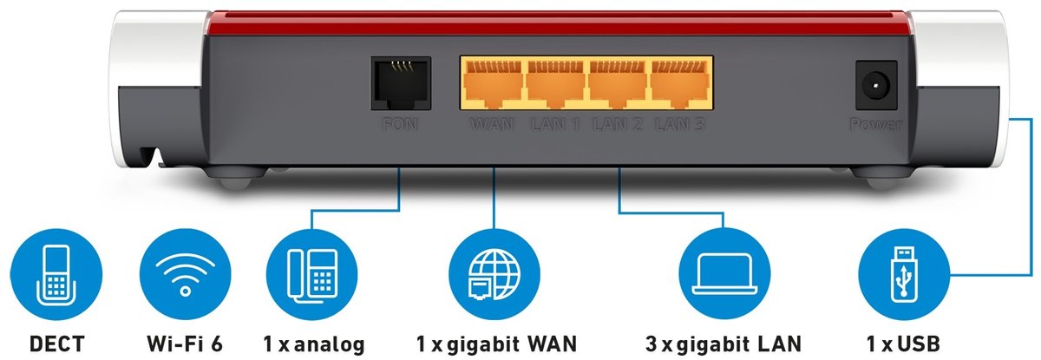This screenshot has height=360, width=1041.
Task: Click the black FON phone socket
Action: pyautogui.click(x=401, y=83)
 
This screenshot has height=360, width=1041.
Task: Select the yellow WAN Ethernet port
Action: pyautogui.click(x=494, y=83)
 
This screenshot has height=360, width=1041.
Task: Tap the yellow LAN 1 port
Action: pyautogui.click(x=556, y=83)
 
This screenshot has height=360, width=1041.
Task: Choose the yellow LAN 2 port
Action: pyautogui.click(x=618, y=83)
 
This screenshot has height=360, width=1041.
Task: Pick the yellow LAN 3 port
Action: pyautogui.click(x=680, y=83)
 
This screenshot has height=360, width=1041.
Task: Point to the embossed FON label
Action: pyautogui.click(x=400, y=125)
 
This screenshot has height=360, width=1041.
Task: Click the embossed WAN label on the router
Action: pyautogui.click(x=492, y=125)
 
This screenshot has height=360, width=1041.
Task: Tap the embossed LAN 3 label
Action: pyautogui.click(x=680, y=125)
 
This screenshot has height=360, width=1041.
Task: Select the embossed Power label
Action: pyautogui.click(x=876, y=125)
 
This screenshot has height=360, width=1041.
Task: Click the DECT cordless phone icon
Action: pyautogui.click(x=56, y=274)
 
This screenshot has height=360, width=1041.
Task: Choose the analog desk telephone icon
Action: pyautogui.click(x=311, y=274)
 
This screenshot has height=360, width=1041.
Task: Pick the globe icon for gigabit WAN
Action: pyautogui.click(x=494, y=274)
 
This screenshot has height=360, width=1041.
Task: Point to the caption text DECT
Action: pyautogui.click(x=56, y=344)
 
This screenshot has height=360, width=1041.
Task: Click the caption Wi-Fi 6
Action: pyautogui.click(x=185, y=344)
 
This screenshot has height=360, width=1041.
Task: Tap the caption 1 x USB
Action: pyautogui.click(x=903, y=344)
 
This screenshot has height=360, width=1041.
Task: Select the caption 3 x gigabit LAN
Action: pyautogui.click(x=723, y=344)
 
